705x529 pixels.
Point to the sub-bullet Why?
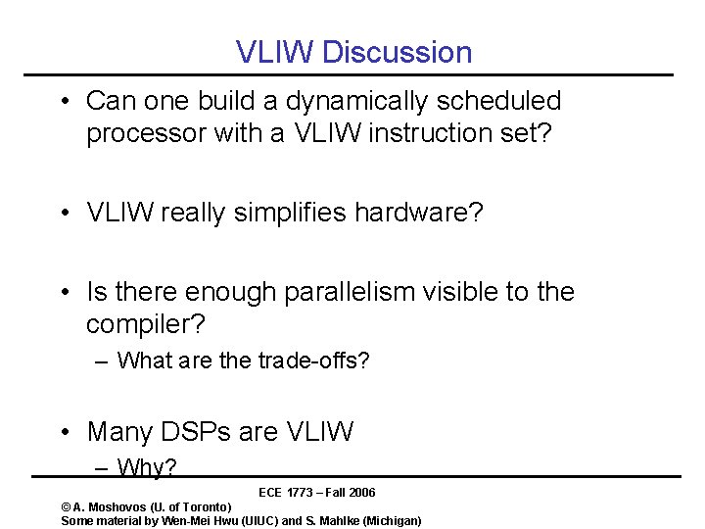tap(147, 467)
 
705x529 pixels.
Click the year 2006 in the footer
tap(361, 492)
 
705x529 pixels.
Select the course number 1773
tap(299, 492)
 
